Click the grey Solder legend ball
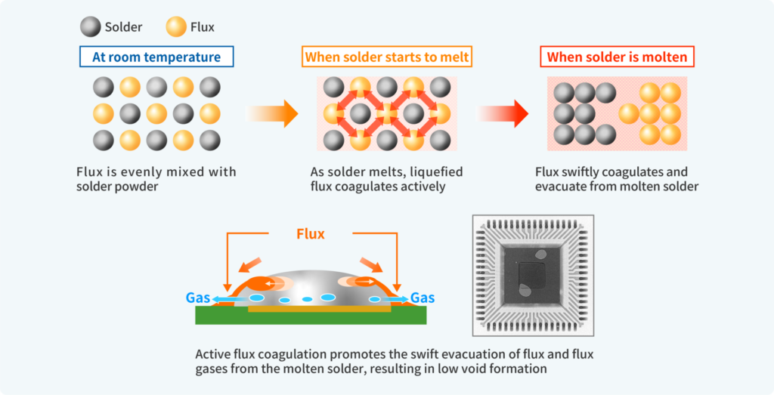click(91, 27)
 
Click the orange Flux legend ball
click(176, 27)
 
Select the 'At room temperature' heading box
click(156, 57)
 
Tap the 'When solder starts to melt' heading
click(387, 57)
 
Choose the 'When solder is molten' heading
click(617, 57)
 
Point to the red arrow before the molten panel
click(503, 114)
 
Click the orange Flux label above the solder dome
click(310, 234)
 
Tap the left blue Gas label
click(198, 298)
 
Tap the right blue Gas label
click(423, 298)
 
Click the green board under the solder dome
click(310, 317)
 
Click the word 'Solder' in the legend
click(124, 27)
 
